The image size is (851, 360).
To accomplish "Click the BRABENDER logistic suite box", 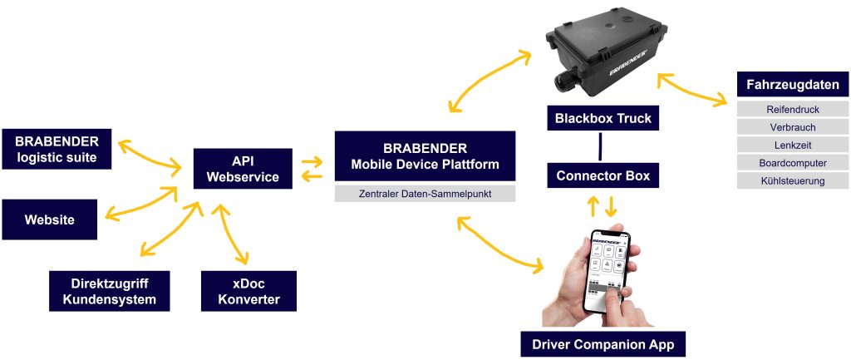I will point(56,150).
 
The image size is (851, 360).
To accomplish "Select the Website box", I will point(49,220).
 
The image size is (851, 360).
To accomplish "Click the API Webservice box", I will point(243,170).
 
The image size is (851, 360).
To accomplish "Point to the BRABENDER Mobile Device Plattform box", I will point(425,156).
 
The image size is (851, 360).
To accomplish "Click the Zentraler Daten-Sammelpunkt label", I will point(425,194).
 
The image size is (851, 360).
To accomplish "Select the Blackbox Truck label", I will point(603,119).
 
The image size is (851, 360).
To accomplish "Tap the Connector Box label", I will point(603,175).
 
